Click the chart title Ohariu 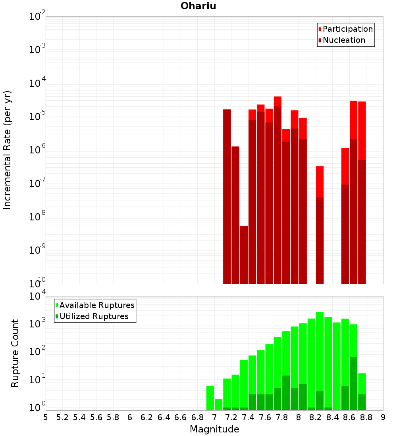click(198, 6)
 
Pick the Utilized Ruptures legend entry click(94, 316)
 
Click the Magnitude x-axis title click(214, 429)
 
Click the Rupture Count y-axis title click(15, 353)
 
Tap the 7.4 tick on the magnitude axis click(248, 417)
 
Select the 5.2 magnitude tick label click(62, 417)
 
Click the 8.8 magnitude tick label click(366, 417)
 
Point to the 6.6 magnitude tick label click(181, 417)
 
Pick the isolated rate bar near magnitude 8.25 click(320, 224)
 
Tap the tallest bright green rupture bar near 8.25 click(320, 349)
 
